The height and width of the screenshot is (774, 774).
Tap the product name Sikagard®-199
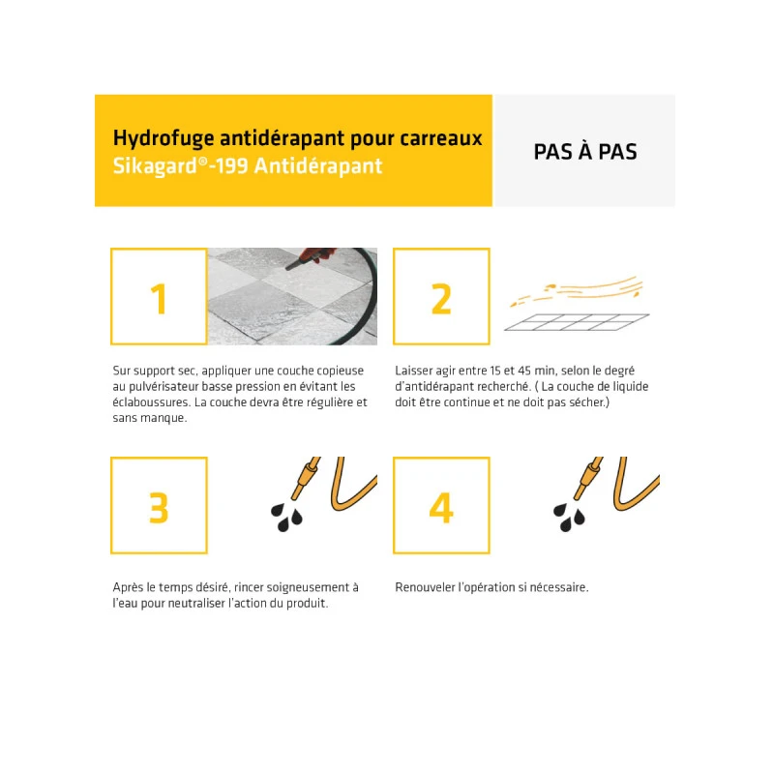pyautogui.click(x=180, y=165)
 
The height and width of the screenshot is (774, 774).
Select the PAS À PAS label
pyautogui.click(x=585, y=152)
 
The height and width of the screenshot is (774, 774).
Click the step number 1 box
pyautogui.click(x=159, y=296)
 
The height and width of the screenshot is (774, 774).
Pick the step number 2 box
pyautogui.click(x=441, y=296)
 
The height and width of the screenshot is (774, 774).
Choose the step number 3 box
pyautogui.click(x=159, y=505)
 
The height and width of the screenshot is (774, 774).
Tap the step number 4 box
pyautogui.click(x=441, y=505)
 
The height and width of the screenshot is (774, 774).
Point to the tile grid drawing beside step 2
pyautogui.click(x=577, y=322)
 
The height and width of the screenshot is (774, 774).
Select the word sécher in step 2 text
pyautogui.click(x=587, y=402)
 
